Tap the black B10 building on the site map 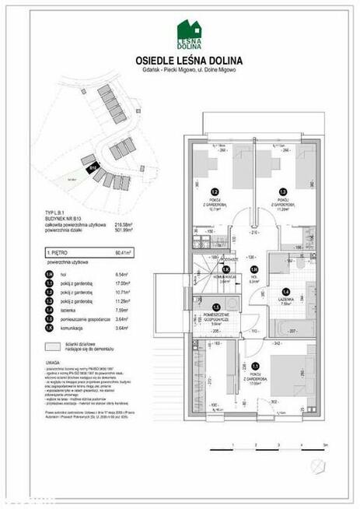pyautogui.click(x=93, y=166)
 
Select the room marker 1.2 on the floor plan pyautogui.click(x=215, y=191)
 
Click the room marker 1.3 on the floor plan pyautogui.click(x=282, y=191)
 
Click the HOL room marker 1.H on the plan pyautogui.click(x=253, y=270)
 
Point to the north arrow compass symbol pyautogui.click(x=316, y=466)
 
